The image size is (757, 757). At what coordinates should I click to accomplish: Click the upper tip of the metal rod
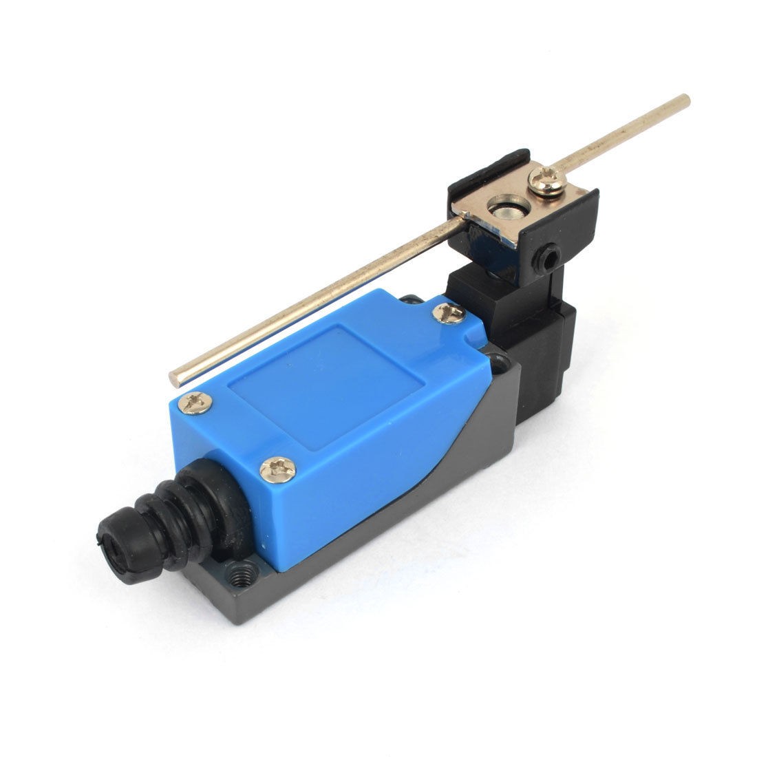click(685, 98)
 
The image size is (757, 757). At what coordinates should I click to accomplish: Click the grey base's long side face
click(413, 516)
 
